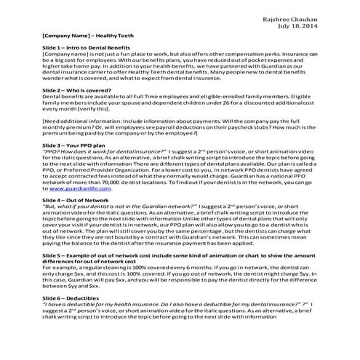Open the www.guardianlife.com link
87,188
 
